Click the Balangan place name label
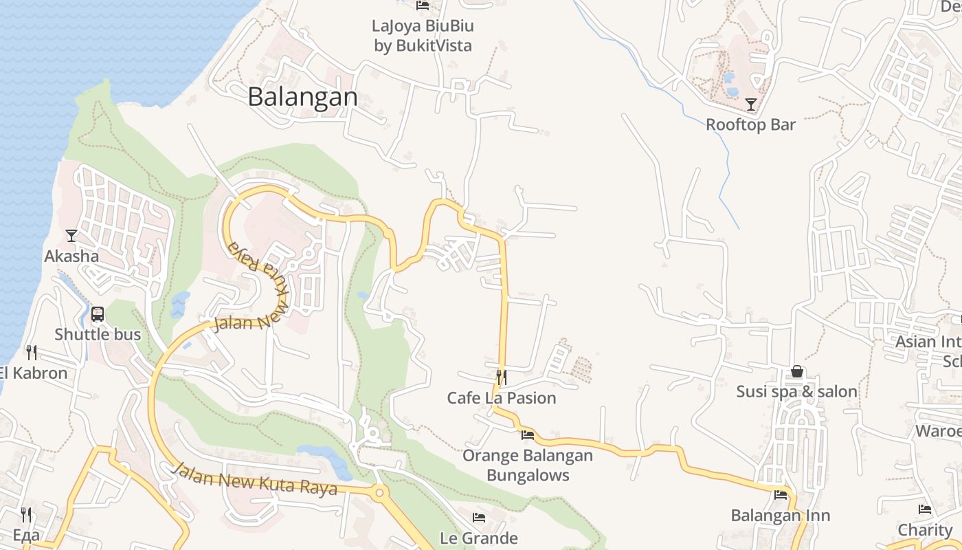click(302, 97)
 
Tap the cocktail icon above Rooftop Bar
click(750, 104)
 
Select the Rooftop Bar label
click(750, 124)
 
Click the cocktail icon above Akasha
click(71, 236)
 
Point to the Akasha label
click(71, 256)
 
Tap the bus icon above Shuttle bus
click(98, 314)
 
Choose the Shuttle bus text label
click(98, 335)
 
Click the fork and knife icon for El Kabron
click(31, 353)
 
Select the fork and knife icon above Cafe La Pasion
click(502, 377)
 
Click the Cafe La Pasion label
click(502, 398)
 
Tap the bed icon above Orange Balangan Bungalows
click(528, 434)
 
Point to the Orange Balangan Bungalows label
click(528, 465)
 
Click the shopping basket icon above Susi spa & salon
click(797, 371)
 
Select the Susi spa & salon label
click(797, 392)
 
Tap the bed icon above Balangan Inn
click(781, 494)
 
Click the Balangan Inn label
click(781, 516)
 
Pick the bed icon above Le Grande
click(479, 517)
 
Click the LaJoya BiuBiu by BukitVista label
click(423, 36)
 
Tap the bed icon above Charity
click(925, 509)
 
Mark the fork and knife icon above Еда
click(26, 514)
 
